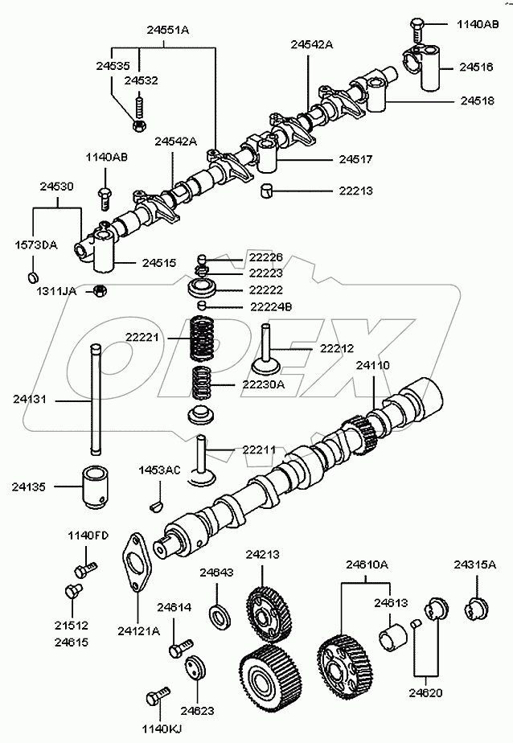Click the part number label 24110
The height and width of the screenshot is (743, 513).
(x=373, y=365)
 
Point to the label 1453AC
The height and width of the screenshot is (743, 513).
(x=160, y=470)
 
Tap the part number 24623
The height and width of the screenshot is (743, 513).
(x=197, y=710)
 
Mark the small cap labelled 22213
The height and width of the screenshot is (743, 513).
(x=269, y=191)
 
